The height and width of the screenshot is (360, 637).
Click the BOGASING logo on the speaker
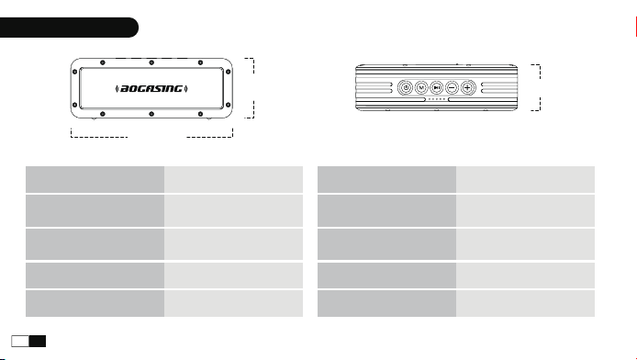coord(151,88)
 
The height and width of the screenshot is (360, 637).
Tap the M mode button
coord(421,87)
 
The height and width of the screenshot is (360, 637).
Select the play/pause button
coord(436,87)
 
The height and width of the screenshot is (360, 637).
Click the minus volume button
coord(452,87)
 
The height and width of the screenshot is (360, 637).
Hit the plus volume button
coord(467,87)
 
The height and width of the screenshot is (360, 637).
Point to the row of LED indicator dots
coord(437,99)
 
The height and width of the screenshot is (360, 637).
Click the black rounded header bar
coord(69,28)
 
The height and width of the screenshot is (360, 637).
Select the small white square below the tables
coord(20,341)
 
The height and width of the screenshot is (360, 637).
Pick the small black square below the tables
coord(38,341)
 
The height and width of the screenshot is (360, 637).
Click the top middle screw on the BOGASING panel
coord(151,62)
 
